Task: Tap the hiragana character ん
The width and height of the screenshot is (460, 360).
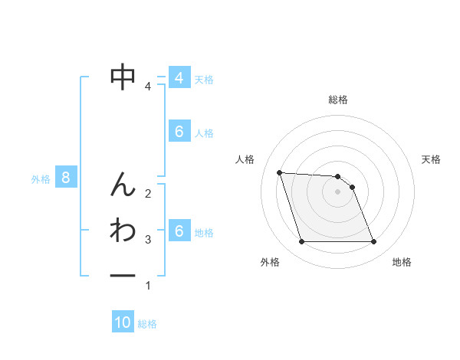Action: point(123,184)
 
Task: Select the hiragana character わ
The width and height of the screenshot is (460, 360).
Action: point(123,230)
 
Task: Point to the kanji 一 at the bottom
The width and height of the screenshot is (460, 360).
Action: point(123,275)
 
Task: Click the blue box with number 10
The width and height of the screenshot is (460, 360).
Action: point(123,322)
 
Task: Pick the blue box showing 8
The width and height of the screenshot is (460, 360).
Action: point(66,178)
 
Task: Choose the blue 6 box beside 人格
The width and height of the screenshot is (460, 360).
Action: point(179,132)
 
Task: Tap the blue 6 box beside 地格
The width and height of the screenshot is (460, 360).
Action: point(179,231)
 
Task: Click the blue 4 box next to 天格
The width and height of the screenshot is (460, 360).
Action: point(179,78)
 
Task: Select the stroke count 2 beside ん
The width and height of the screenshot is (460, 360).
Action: point(148,193)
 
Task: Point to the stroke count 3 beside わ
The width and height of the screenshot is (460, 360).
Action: point(148,240)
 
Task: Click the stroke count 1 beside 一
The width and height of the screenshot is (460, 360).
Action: point(148,286)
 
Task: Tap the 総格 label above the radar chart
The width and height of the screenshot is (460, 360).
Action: point(338,100)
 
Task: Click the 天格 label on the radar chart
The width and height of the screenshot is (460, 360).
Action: point(432,159)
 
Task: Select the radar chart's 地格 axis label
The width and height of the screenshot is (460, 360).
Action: point(402,262)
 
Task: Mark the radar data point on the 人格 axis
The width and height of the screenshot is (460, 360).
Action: point(280,172)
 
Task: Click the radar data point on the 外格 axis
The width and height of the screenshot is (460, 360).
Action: point(301,242)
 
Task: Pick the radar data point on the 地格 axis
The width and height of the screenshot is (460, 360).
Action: point(373,242)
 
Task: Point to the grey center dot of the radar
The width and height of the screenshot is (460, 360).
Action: point(338,191)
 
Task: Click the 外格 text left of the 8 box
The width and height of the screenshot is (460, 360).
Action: point(41,179)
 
